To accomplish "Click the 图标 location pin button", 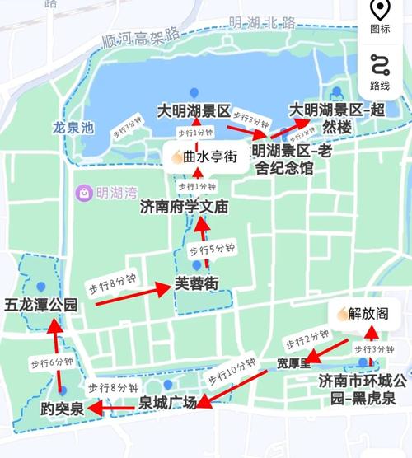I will [380, 16].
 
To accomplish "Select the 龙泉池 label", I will [73, 129].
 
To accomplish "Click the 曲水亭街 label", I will [205, 157].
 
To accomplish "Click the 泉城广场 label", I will [166, 403].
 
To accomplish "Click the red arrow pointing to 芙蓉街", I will [132, 295].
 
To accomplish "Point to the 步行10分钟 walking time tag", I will [232, 372].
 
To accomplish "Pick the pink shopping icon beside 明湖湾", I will [84, 193].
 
